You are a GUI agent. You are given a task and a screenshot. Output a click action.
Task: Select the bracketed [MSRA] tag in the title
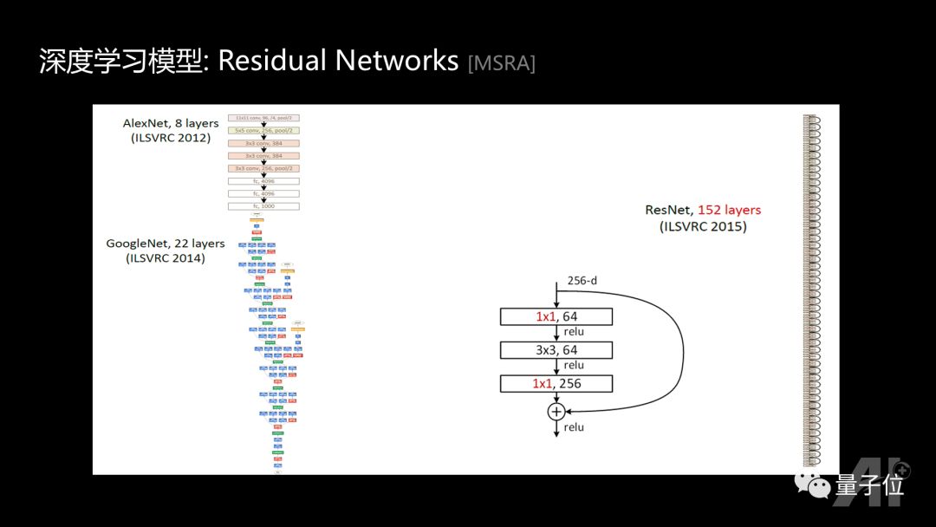pyautogui.click(x=501, y=63)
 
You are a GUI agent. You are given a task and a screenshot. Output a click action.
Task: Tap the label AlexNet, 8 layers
pyautogui.click(x=171, y=123)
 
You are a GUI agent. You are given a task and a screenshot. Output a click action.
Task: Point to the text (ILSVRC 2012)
pyautogui.click(x=171, y=137)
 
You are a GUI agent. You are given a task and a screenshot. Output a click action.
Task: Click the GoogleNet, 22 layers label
pyautogui.click(x=166, y=244)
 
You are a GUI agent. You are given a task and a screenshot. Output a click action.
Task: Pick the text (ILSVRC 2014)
pyautogui.click(x=166, y=257)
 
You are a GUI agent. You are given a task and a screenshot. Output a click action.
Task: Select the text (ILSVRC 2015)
pyautogui.click(x=703, y=226)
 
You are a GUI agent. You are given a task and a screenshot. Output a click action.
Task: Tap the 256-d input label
pyautogui.click(x=582, y=281)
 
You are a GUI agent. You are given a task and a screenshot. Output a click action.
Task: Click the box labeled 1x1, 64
pyautogui.click(x=556, y=316)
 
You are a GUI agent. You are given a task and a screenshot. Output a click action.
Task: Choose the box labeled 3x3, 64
pyautogui.click(x=556, y=350)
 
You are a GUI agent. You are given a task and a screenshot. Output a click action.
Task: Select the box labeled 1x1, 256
pyautogui.click(x=556, y=383)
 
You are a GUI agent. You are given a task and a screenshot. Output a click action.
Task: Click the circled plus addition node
pyautogui.click(x=556, y=411)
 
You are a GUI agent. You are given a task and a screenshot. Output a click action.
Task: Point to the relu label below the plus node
pyautogui.click(x=574, y=427)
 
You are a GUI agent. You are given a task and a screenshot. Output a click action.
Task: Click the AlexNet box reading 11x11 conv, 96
pyautogui.click(x=263, y=118)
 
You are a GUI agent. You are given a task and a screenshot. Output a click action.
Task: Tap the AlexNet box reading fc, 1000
pyautogui.click(x=263, y=206)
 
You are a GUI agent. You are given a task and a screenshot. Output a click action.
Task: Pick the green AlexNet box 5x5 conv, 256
pyautogui.click(x=263, y=130)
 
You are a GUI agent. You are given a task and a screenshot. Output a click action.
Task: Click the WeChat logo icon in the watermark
pyautogui.click(x=813, y=485)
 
